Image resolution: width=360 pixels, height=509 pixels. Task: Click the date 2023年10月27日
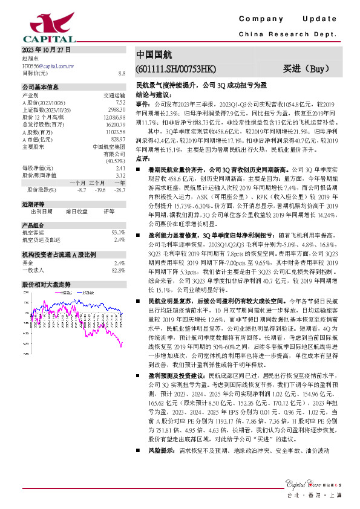(46, 49)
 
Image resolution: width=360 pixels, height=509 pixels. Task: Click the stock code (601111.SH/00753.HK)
(175, 68)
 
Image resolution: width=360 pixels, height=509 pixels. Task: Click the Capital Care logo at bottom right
(309, 482)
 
